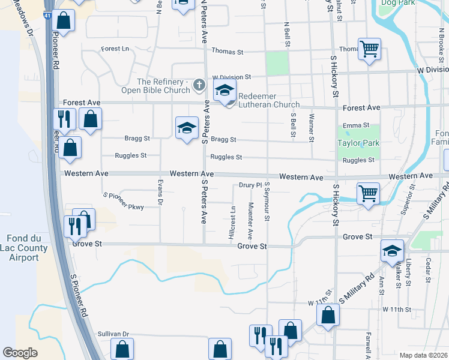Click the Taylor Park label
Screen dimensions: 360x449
point(359,143)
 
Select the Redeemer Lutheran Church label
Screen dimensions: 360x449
point(268,100)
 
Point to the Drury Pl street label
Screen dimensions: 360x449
point(251,185)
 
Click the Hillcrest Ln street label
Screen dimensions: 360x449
point(232,224)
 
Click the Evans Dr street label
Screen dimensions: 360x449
point(160,192)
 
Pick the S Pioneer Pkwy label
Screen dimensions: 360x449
point(124,201)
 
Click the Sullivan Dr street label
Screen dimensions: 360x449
point(113,334)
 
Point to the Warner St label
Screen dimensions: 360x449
point(311,128)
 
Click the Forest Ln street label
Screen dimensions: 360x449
point(115,49)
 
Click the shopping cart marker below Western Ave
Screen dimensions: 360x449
point(367,193)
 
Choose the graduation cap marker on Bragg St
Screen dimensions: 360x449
point(187,128)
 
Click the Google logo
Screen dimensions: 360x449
point(20,353)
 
